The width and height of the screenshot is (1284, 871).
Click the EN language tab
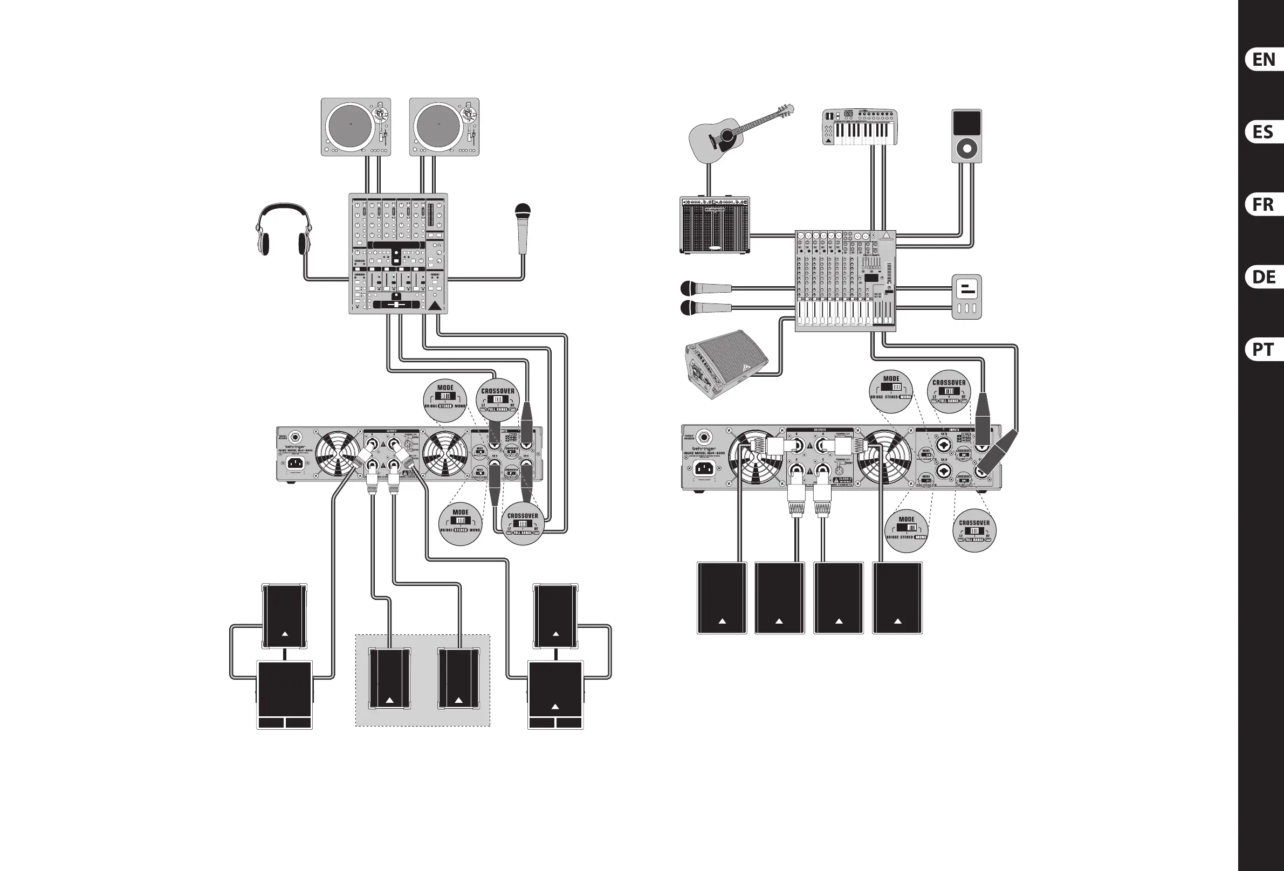point(1264,60)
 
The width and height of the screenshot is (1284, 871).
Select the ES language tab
point(1264,132)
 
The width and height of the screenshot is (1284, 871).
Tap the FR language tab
point(1264,204)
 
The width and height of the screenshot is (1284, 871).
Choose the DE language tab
point(1264,276)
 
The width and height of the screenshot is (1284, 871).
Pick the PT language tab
point(1264,349)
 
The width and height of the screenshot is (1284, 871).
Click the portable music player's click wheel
point(967,149)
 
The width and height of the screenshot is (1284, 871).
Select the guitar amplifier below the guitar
point(715,225)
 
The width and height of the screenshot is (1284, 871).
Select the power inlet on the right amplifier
point(703,468)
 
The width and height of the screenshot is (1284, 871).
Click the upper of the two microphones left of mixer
point(704,288)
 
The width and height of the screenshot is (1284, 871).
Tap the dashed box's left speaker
point(389,679)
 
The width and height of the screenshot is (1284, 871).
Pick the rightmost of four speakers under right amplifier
point(897,598)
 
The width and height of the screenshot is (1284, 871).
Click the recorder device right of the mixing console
point(967,296)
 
